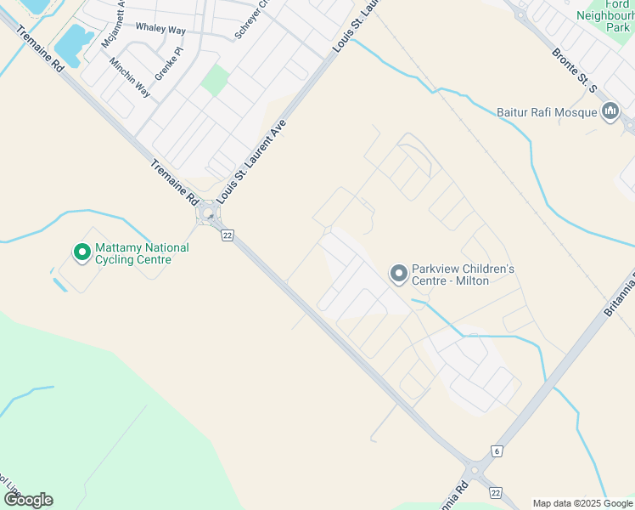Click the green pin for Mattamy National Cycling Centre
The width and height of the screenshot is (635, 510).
coord(82,252)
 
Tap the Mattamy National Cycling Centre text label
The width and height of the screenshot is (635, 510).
coord(142,253)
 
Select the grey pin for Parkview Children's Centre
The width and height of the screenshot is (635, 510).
coord(398,274)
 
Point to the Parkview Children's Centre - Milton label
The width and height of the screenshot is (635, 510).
coord(463,275)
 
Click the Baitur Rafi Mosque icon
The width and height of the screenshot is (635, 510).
coord(610,112)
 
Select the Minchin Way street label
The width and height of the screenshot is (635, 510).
coord(130,77)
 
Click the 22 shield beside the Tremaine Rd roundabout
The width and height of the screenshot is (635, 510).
coord(227,235)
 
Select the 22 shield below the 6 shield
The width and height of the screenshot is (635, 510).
coord(496,493)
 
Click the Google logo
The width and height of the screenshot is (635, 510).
coord(28,500)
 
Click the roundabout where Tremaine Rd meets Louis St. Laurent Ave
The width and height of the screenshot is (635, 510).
coord(208,218)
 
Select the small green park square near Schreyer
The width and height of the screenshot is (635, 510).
coord(215,81)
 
